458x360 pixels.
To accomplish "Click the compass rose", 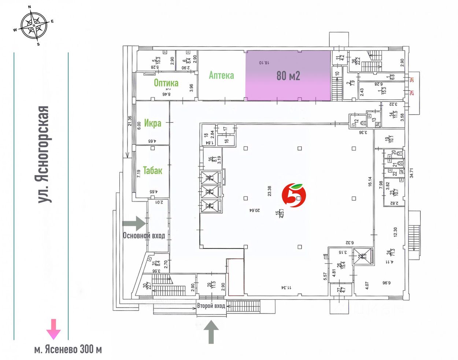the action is [34, 26].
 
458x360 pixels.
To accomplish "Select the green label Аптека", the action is [221, 75].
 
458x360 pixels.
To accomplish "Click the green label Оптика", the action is [166, 83].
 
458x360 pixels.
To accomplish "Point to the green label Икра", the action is [152, 123].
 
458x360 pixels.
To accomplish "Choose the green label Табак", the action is [152, 170].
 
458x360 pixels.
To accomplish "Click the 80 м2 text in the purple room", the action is [288, 76].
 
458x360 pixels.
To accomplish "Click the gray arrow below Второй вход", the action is [211, 331].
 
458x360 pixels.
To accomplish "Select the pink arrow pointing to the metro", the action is [53, 329].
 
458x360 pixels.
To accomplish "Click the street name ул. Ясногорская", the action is [43, 154].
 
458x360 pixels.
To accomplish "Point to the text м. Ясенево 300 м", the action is [68, 349].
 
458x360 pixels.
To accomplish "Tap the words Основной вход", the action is [144, 235].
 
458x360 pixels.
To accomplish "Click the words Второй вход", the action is [211, 306].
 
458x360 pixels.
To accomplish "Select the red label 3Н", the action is [411, 79].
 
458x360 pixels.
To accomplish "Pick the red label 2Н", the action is [411, 93].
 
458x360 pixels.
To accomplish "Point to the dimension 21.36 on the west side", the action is [130, 121].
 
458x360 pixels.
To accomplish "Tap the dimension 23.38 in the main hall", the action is [270, 191].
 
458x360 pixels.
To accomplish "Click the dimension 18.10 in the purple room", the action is [264, 63].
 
